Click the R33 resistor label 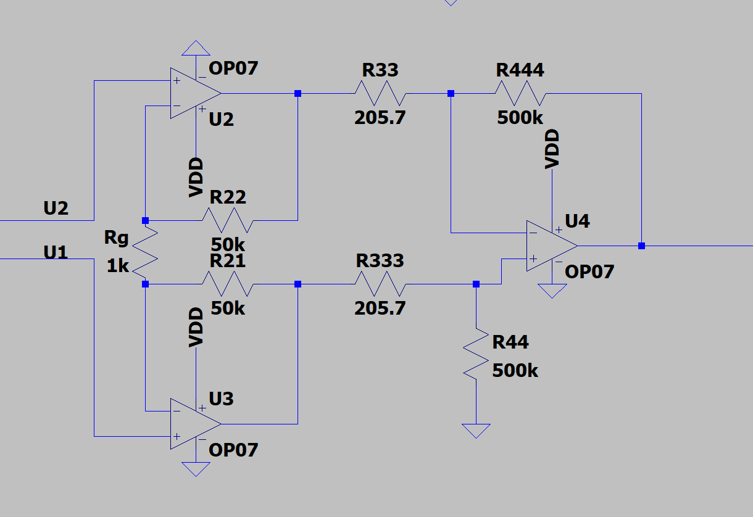click(380, 70)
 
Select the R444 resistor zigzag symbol click(520, 93)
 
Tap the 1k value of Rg click(118, 266)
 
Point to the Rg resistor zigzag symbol click(145, 252)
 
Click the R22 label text click(228, 197)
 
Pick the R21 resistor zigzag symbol click(228, 284)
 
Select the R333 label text click(380, 261)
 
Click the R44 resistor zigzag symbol click(476, 354)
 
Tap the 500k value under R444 click(520, 118)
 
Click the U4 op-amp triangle click(552, 246)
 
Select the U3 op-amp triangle click(196, 424)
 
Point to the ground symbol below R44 click(476, 431)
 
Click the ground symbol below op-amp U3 click(196, 469)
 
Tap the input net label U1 click(56, 252)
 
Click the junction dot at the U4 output click(641, 246)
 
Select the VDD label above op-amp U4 click(552, 149)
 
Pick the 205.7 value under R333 click(380, 308)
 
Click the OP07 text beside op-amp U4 click(589, 271)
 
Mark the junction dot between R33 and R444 click(451, 93)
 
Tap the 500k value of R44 click(515, 371)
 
